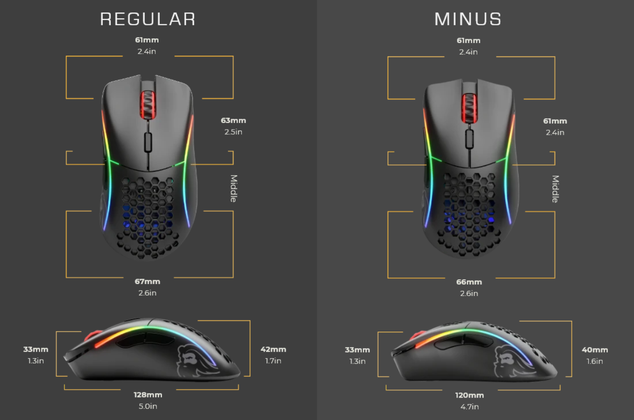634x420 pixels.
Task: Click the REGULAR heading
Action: coord(148,19)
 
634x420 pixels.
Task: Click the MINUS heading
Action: coord(468,19)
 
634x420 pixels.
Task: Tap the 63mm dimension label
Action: coord(233,121)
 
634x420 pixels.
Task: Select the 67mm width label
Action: coord(147,282)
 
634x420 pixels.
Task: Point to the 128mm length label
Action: coord(148,395)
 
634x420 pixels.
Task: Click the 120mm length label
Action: coord(469,395)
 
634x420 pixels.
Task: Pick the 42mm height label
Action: coord(273,349)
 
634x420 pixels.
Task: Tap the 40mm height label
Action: coord(595,350)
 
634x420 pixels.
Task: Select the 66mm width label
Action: coord(469,282)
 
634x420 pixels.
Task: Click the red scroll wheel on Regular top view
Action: coord(148,105)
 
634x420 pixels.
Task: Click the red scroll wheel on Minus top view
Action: coord(469,109)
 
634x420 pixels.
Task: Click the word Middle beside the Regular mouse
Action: coord(233,188)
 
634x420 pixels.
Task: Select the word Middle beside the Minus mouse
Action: coord(555,188)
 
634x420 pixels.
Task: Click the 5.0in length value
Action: coord(148,406)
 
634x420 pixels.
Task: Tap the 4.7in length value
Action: coord(469,406)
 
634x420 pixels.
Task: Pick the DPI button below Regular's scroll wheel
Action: coord(148,142)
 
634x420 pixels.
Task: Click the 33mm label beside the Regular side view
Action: coord(36,349)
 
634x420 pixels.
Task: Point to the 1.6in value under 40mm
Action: coord(595,361)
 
